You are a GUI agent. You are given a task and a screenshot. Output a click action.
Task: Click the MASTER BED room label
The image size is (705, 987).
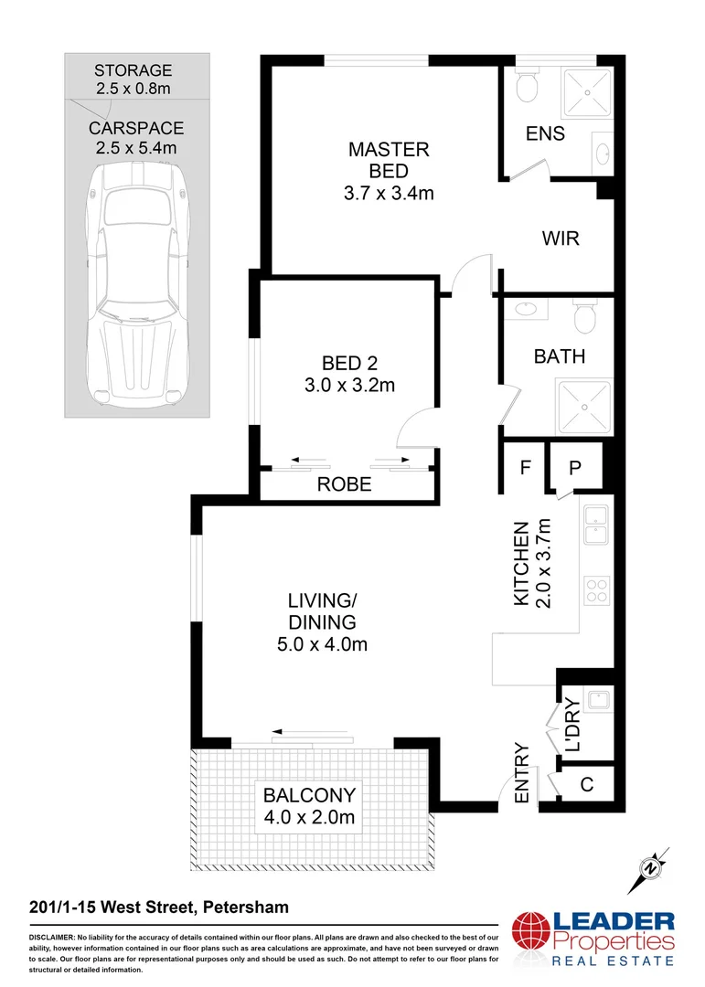pyautogui.click(x=389, y=160)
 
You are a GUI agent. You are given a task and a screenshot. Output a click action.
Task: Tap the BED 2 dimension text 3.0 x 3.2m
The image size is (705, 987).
pyautogui.click(x=349, y=386)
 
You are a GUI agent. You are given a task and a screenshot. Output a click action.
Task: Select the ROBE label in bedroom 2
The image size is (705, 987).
pyautogui.click(x=344, y=485)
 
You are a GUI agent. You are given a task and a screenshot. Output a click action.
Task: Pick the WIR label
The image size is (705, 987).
pyautogui.click(x=561, y=239)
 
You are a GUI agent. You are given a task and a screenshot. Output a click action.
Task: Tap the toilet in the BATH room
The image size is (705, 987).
pyautogui.click(x=584, y=317)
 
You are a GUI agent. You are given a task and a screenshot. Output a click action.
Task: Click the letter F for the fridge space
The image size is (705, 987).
pyautogui.click(x=525, y=467)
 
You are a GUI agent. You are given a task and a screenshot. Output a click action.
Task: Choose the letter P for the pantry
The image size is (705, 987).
pyautogui.click(x=575, y=467)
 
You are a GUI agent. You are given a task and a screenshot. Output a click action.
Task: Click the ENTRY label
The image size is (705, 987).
pyautogui.click(x=522, y=773)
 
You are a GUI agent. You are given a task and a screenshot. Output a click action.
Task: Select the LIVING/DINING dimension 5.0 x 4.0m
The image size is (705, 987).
pyautogui.click(x=322, y=645)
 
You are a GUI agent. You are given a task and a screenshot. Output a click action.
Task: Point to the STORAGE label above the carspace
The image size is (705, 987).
pyautogui.click(x=134, y=70)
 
